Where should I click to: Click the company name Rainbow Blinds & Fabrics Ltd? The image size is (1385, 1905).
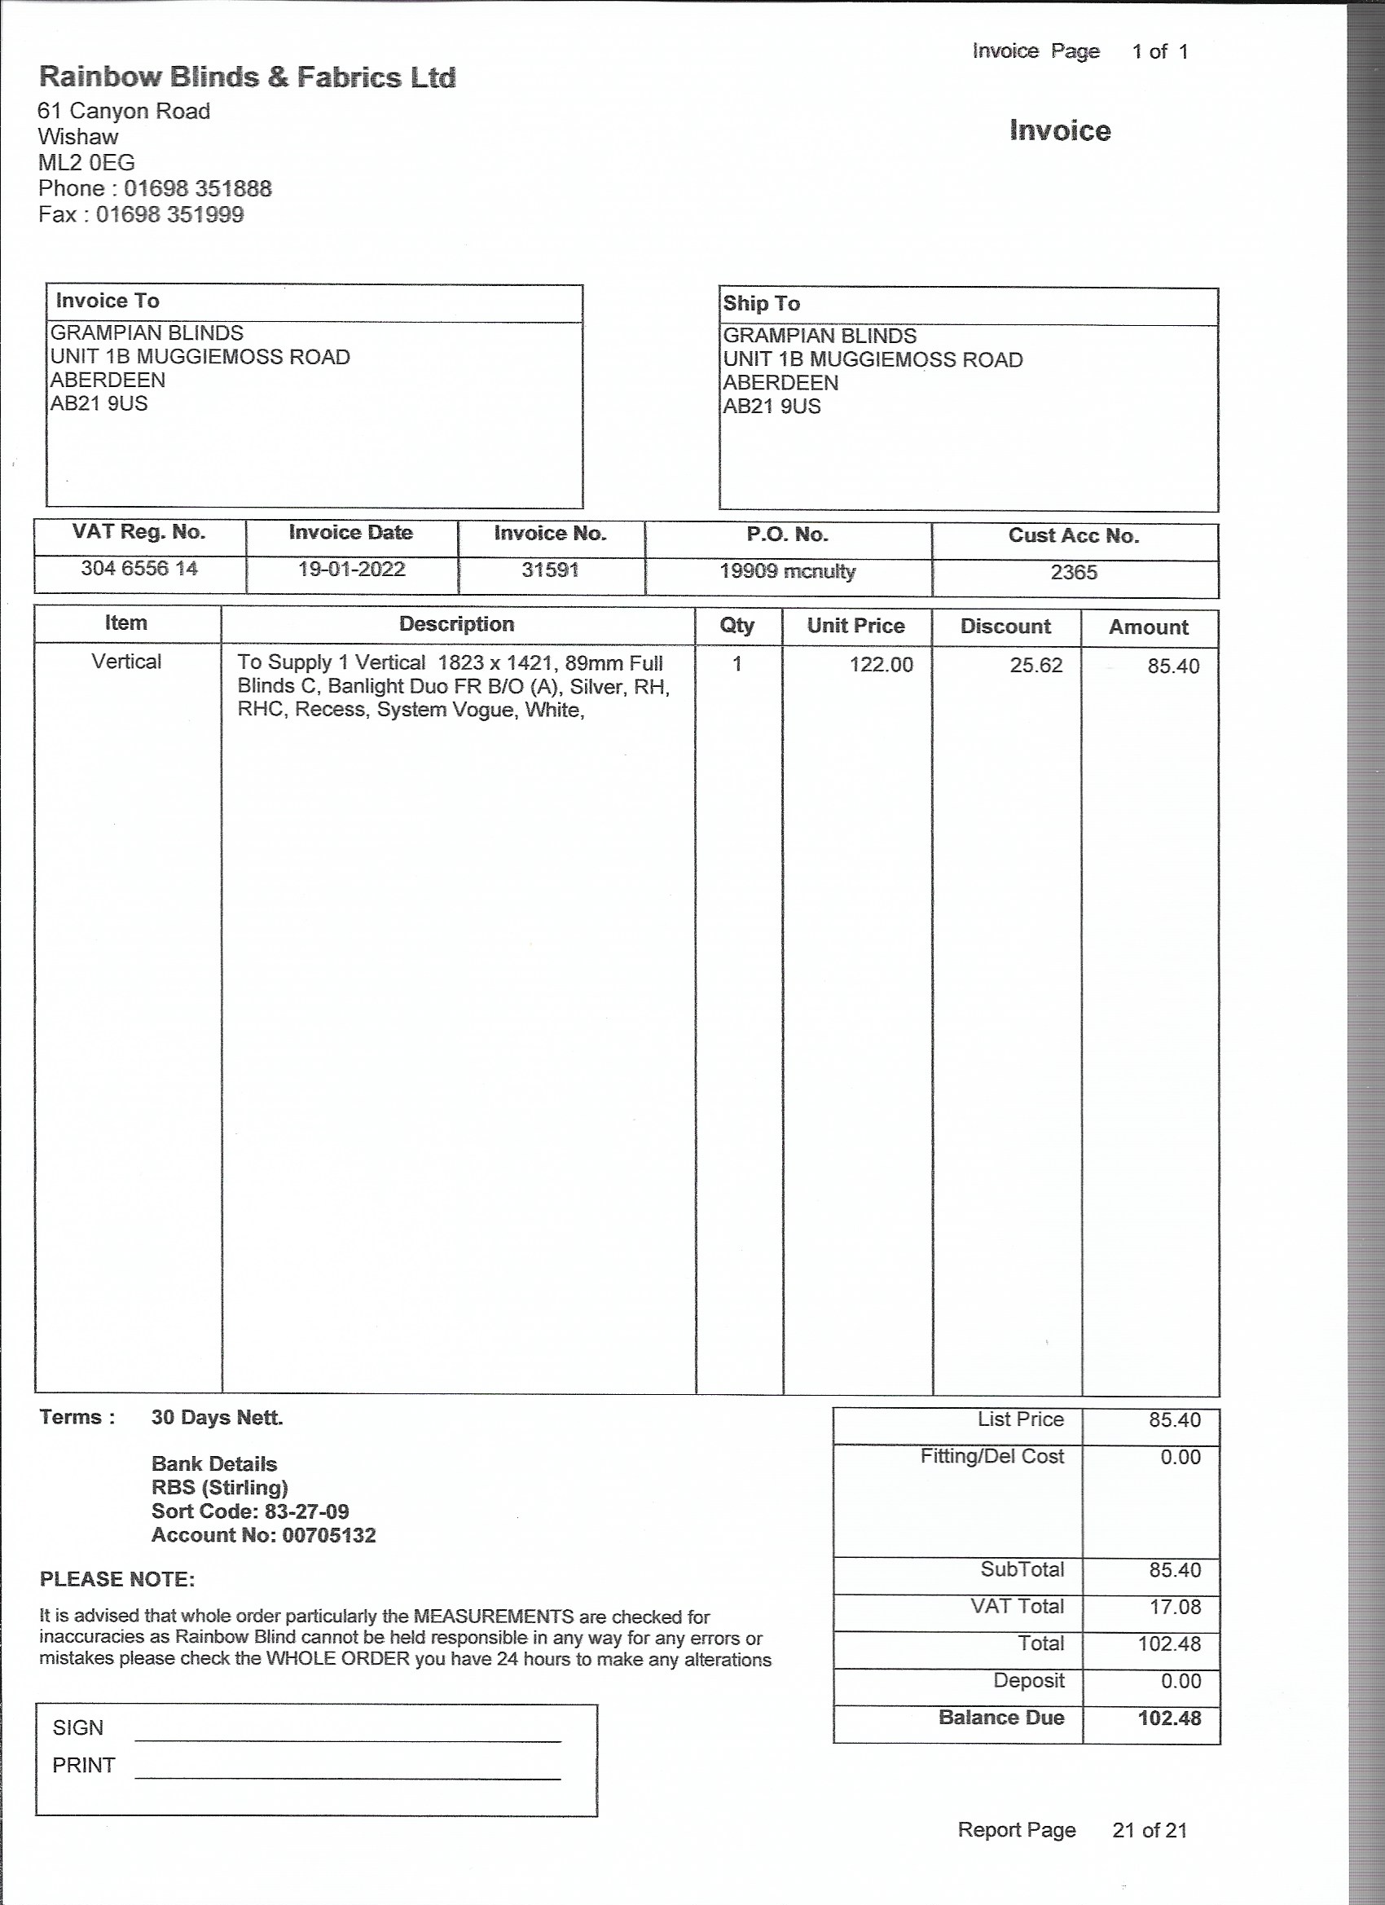[247, 77]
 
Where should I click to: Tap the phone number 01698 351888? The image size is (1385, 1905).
[197, 188]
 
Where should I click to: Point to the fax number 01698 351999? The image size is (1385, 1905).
[169, 214]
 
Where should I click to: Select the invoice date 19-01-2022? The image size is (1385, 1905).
[351, 569]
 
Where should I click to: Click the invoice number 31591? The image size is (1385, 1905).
[550, 570]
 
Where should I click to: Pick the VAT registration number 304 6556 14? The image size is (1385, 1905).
[139, 568]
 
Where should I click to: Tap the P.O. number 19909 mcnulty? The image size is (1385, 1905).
[787, 571]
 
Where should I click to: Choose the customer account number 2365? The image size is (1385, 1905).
[1074, 572]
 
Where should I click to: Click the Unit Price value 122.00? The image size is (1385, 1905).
[880, 664]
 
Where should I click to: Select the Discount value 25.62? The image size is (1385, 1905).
[1035, 665]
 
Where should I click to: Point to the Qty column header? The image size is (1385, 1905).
[736, 625]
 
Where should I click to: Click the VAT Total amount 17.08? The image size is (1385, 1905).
[1174, 1607]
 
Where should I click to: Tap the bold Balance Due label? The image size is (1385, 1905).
[1000, 1718]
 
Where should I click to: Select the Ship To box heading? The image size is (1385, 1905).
[761, 303]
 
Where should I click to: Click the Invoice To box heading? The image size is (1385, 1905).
[108, 301]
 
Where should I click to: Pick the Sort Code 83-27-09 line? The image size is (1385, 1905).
[249, 1511]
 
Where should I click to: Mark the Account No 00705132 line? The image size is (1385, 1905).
[263, 1535]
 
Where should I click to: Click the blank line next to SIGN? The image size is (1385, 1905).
[347, 1736]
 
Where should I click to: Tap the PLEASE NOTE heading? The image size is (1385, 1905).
[117, 1579]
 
